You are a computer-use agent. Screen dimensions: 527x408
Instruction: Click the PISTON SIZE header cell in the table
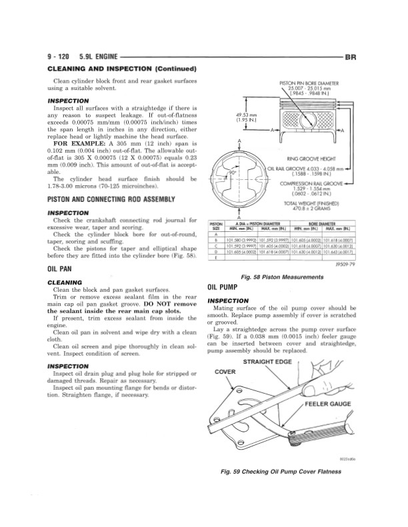(215, 225)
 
